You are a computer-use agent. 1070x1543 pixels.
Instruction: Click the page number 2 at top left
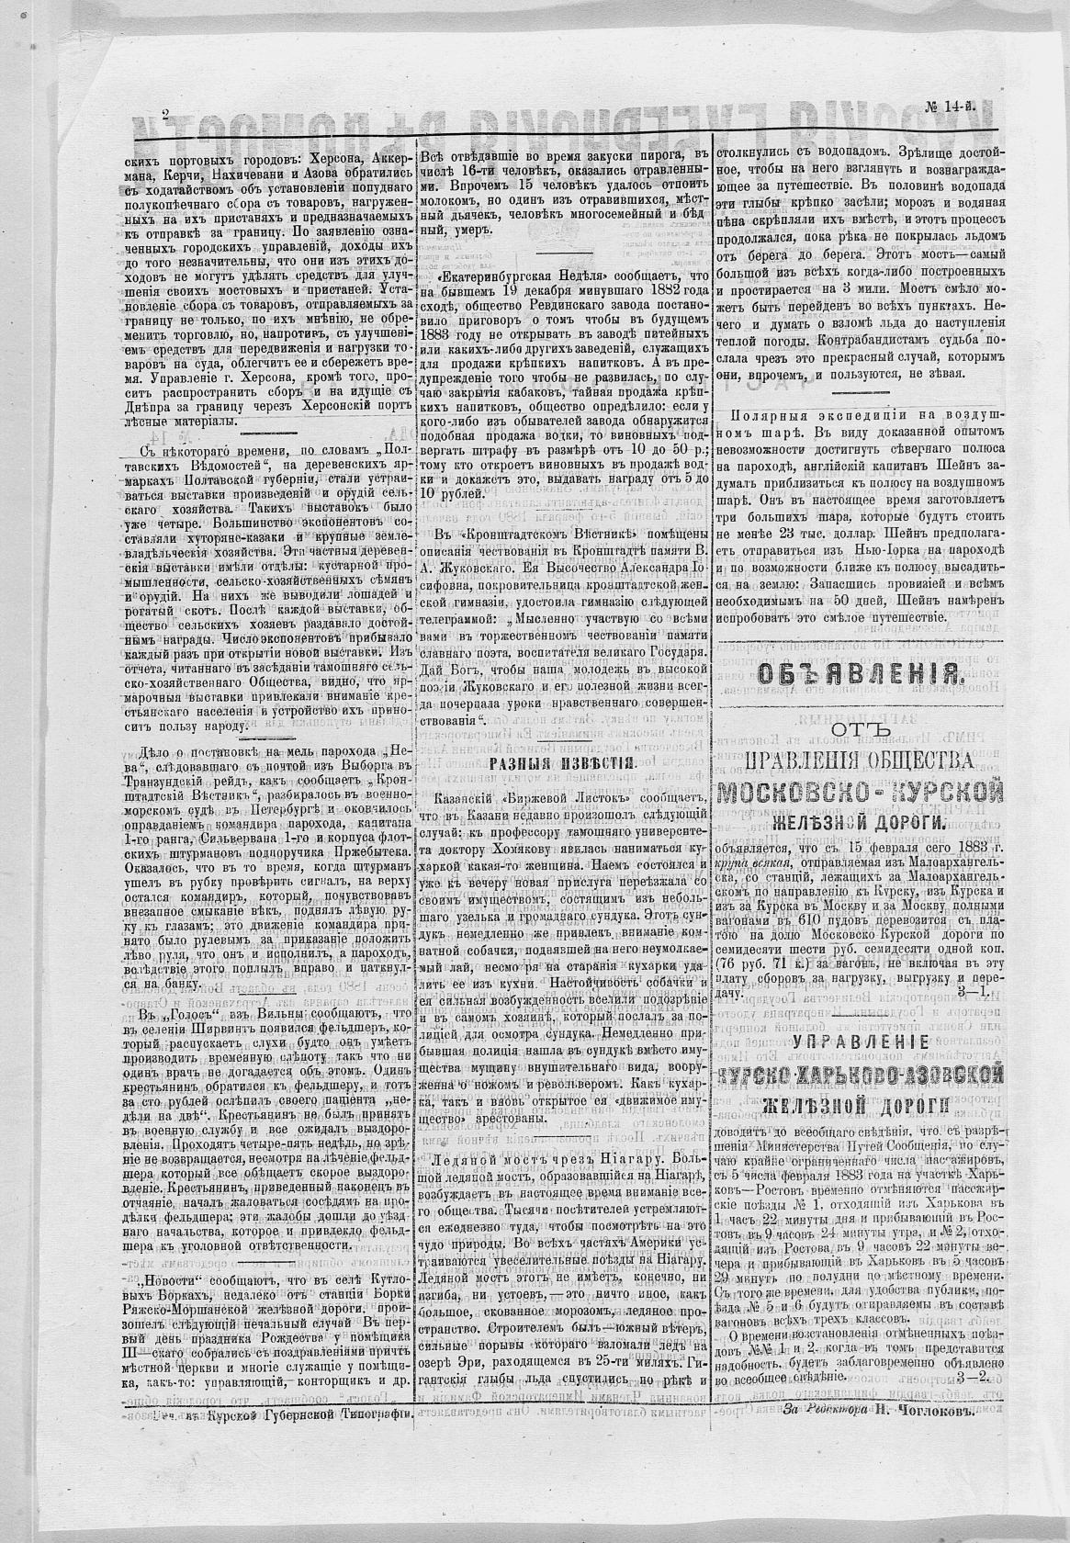[166, 116]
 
